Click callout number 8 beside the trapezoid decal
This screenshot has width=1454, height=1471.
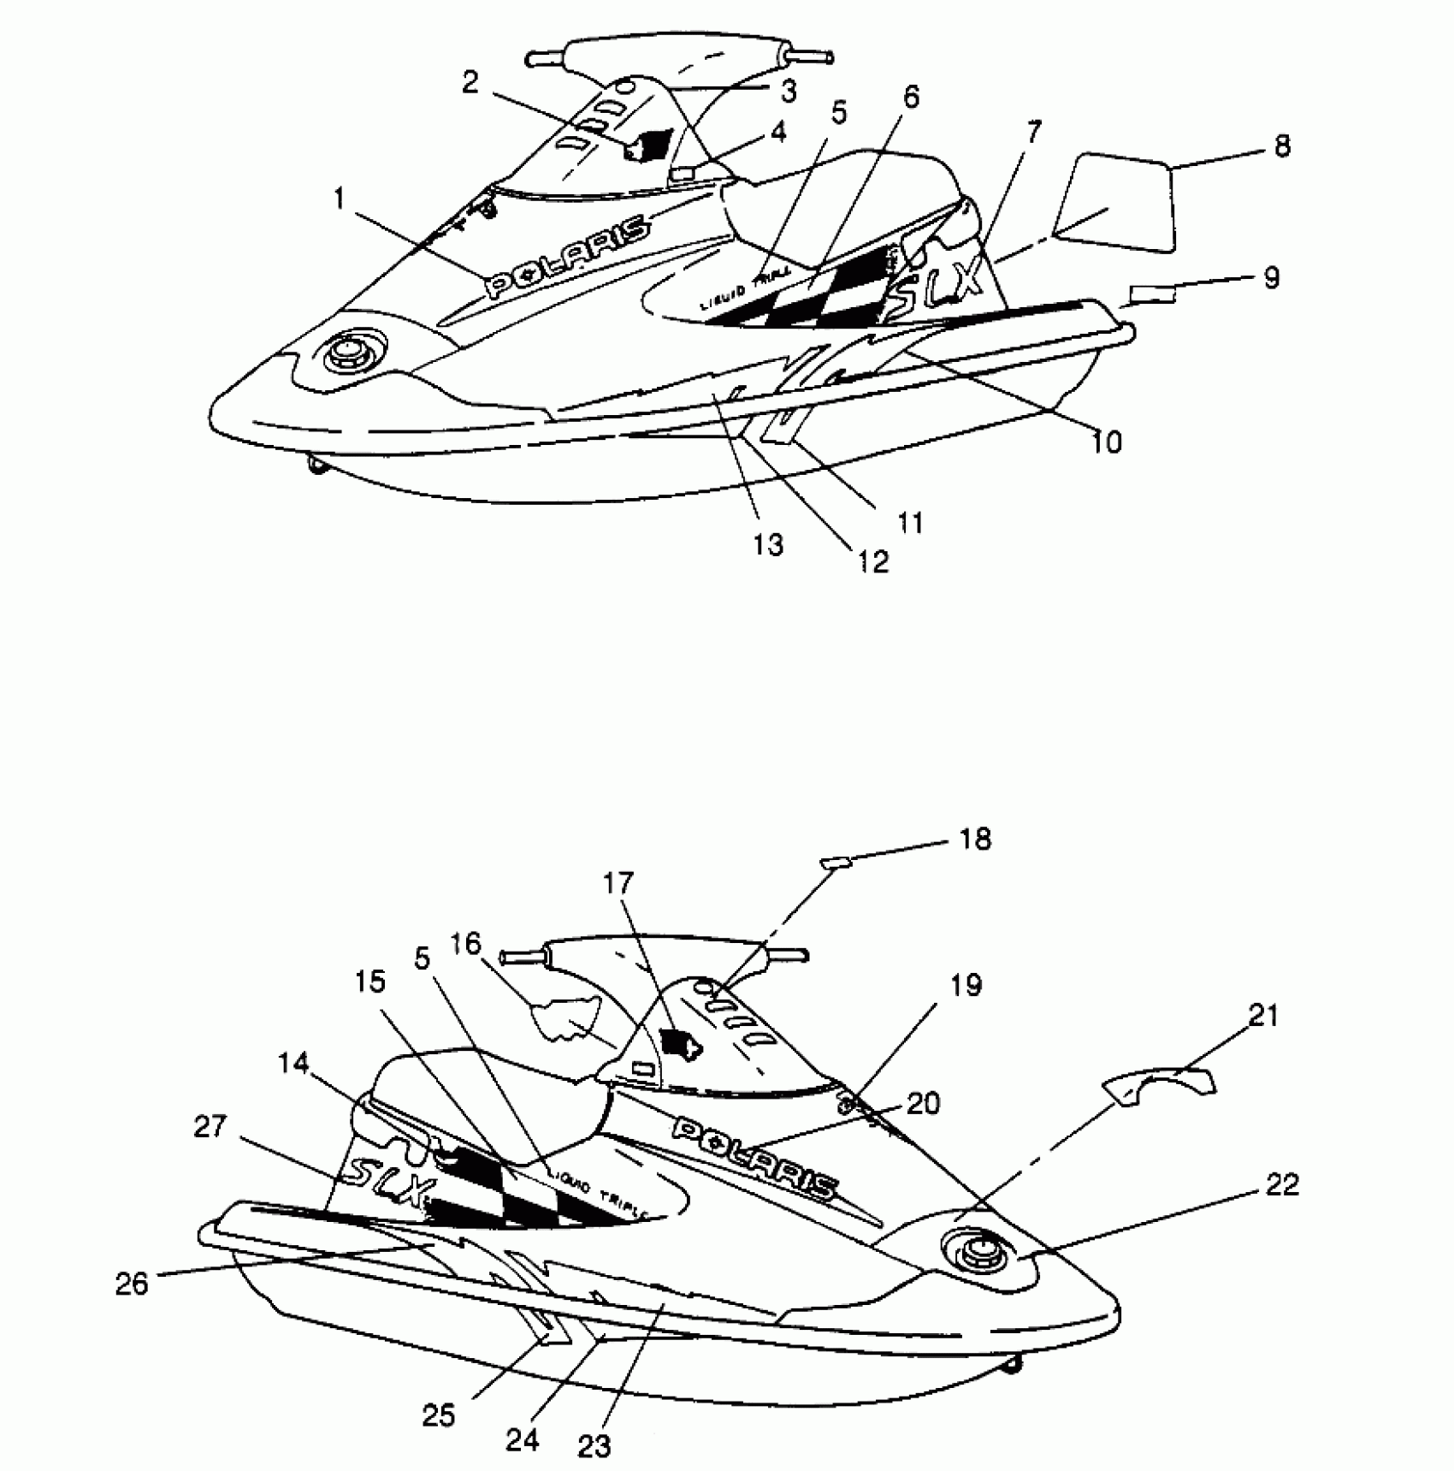click(1280, 146)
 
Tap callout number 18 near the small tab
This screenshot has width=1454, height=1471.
click(975, 839)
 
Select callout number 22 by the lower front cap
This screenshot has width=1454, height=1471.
click(1280, 1185)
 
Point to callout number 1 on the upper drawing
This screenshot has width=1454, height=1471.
click(339, 199)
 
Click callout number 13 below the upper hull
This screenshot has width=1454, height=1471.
click(768, 543)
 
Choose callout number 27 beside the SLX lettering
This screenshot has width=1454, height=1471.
click(210, 1127)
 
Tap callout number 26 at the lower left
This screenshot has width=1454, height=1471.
click(132, 1284)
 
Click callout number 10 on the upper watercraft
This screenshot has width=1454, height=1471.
click(1106, 442)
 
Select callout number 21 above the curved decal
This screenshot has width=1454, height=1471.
click(1263, 1016)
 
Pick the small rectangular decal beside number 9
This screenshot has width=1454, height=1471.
click(1152, 296)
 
